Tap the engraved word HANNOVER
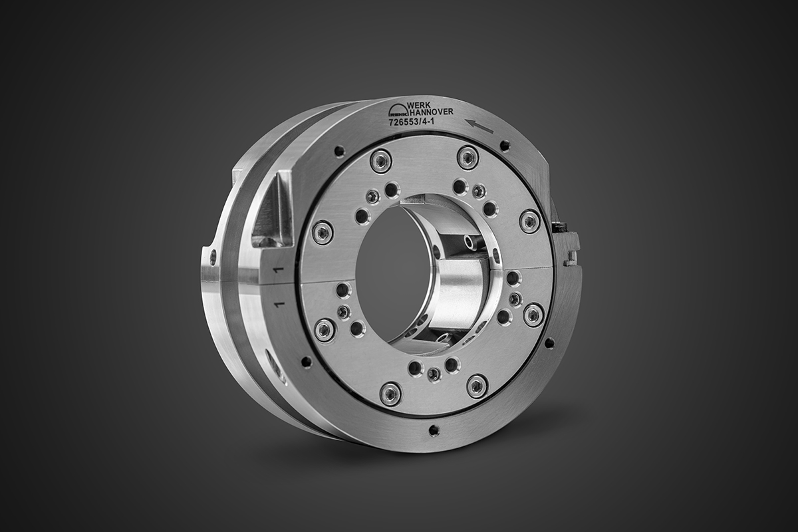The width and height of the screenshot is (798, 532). (x=432, y=112)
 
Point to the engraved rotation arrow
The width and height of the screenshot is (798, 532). (x=479, y=125)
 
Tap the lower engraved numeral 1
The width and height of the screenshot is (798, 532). (x=279, y=304)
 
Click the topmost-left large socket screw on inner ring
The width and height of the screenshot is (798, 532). (x=381, y=160)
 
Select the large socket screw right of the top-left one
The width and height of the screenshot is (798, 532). (x=467, y=158)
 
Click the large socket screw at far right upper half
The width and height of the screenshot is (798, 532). (x=529, y=221)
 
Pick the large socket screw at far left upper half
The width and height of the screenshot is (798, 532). (x=323, y=232)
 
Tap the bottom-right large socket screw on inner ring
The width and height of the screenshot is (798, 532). (x=477, y=386)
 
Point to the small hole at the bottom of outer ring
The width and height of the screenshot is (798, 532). (x=434, y=430)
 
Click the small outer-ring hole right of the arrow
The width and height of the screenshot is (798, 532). (x=505, y=146)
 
